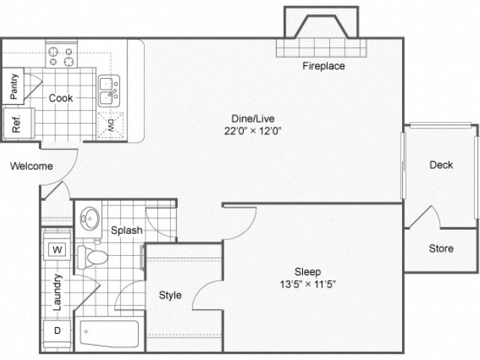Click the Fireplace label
point(323,66)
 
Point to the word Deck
point(441,165)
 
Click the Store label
point(441,248)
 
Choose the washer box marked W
point(57,250)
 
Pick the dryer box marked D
point(57,330)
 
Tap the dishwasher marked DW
point(109,124)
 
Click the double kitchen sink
point(109,91)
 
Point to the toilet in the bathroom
point(93,257)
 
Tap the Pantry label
point(14,86)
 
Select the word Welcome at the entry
point(31,166)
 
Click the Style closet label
point(170,295)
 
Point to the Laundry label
point(57,291)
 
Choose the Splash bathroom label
point(127,230)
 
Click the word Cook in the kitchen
point(61,97)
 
